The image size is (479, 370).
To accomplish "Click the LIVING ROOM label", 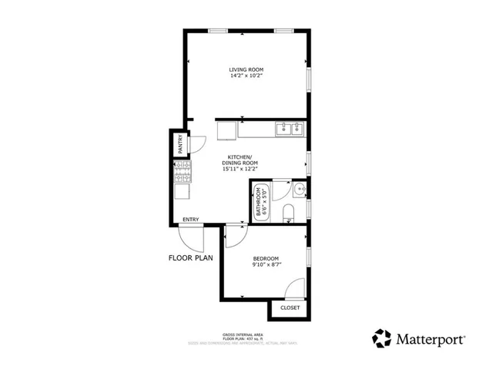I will pos(246,70).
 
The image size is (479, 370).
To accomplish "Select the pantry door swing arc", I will pos(196,143).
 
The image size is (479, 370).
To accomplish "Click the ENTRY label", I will pos(191,220).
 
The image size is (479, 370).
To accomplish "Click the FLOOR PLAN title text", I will pos(191,258).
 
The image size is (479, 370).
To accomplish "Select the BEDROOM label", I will pos(266,258).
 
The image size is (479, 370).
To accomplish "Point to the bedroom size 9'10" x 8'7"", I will pos(266,265).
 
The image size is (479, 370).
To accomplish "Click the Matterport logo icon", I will pos(382,338).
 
